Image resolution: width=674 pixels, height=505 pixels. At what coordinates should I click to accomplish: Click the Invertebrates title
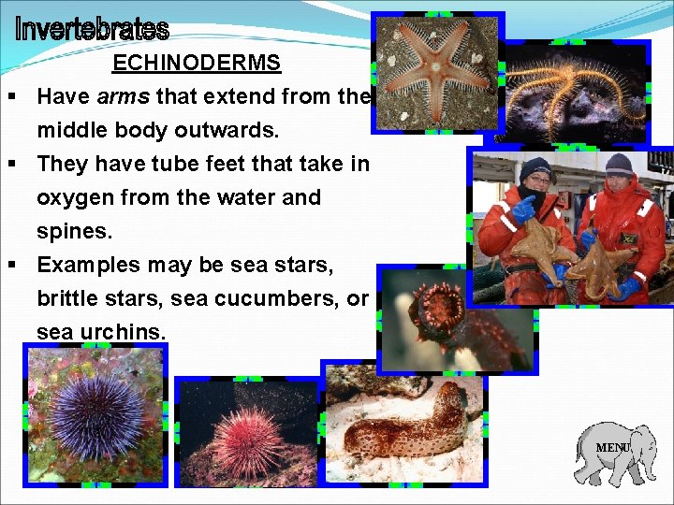pyautogui.click(x=92, y=30)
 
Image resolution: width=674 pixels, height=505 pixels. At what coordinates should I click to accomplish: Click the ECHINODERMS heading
pyautogui.click(x=197, y=64)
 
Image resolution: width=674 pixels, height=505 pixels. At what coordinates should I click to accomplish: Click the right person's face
pyautogui.click(x=619, y=181)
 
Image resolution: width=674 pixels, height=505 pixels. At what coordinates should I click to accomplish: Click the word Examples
pyautogui.click(x=89, y=265)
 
